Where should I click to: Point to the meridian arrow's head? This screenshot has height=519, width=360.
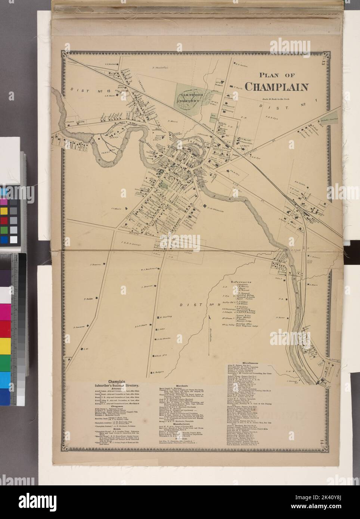[x=210, y=317]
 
